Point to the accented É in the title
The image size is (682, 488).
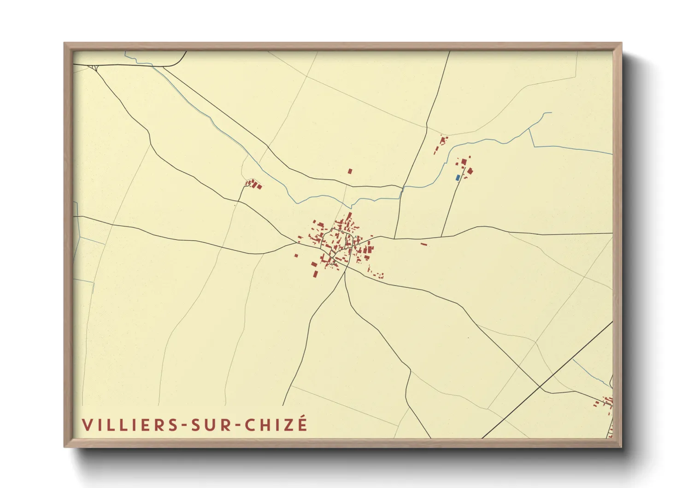point(302,423)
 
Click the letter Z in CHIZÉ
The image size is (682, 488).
point(289,425)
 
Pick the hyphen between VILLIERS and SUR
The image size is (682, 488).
point(184,426)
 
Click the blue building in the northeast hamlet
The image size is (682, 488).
point(458,178)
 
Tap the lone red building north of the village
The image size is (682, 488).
point(350,171)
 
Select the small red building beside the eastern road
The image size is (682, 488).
point(424,244)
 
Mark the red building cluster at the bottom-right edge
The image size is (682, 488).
point(607,403)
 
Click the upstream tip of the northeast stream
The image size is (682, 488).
point(551,113)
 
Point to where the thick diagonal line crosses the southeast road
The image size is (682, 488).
point(540,386)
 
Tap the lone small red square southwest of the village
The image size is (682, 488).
point(296,256)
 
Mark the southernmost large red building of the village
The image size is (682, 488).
point(315,274)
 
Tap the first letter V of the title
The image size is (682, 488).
point(87,425)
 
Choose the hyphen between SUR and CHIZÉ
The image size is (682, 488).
point(238,426)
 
